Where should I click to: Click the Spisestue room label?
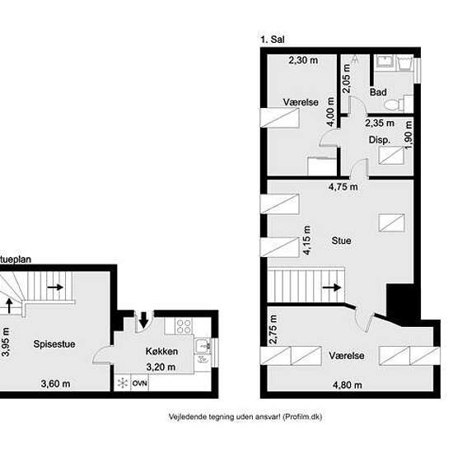(54, 344)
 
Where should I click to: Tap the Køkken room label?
(161, 352)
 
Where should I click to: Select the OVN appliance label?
(140, 383)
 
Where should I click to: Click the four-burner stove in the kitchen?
(184, 326)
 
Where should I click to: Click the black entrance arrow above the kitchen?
(143, 320)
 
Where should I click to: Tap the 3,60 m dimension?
(55, 384)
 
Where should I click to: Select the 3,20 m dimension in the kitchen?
(161, 367)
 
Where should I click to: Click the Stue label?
(341, 241)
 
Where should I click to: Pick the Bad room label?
(378, 92)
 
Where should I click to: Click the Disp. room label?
(380, 140)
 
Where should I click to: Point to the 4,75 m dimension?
(343, 187)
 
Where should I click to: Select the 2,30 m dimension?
(303, 60)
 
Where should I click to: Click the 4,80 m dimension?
(348, 385)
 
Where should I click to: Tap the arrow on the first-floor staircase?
(332, 287)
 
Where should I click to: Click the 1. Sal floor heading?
(273, 40)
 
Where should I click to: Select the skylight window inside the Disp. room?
(391, 156)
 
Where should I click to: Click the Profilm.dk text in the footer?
(302, 417)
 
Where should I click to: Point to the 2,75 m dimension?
(273, 329)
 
